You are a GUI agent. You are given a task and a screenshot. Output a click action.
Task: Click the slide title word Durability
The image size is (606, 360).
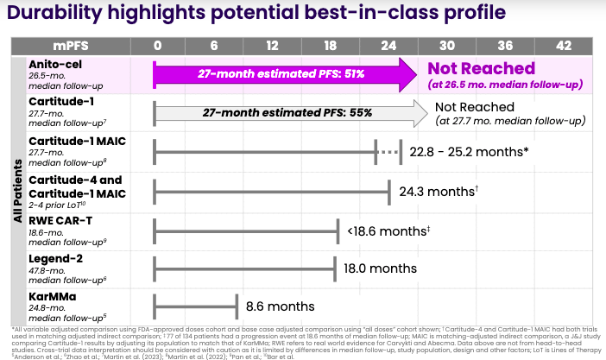point(60,15)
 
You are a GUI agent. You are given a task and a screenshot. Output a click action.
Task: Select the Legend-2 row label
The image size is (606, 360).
point(57,259)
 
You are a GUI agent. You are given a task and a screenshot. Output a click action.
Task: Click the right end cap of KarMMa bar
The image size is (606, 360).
point(236,306)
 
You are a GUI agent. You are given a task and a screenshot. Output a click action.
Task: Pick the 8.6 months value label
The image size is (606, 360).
point(280,306)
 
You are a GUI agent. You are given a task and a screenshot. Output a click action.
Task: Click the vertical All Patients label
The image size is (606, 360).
point(16,190)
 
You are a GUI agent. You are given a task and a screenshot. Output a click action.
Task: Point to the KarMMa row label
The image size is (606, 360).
point(52,298)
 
